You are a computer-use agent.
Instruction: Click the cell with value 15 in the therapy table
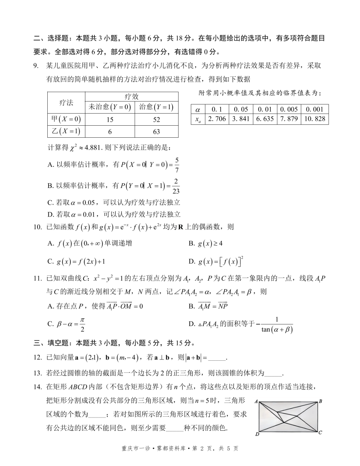(110, 120)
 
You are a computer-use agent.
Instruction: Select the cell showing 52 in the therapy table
(156, 120)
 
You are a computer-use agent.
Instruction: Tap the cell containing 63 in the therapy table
(156, 132)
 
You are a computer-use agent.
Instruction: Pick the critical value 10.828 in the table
(315, 119)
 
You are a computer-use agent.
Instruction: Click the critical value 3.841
(241, 119)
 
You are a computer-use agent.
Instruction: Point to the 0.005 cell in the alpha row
(289, 109)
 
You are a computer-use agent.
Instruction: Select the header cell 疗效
(131, 97)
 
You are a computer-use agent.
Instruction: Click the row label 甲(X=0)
(66, 119)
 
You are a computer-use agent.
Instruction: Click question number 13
(37, 373)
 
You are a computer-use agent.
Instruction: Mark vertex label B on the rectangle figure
(320, 401)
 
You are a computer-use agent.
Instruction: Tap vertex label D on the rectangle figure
(257, 434)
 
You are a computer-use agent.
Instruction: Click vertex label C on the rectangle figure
(320, 432)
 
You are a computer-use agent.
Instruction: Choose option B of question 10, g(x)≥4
(206, 244)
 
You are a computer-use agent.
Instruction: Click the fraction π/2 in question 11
(82, 325)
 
